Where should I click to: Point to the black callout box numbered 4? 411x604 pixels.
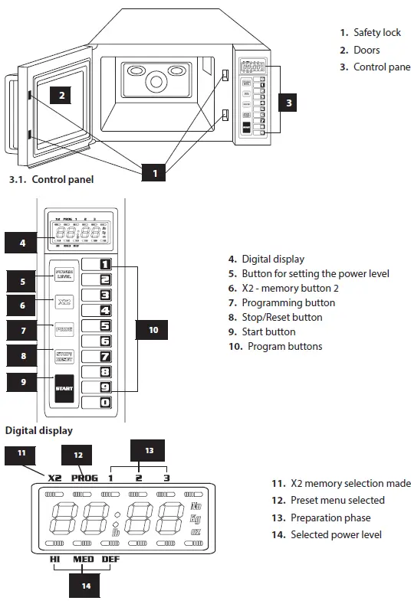23,243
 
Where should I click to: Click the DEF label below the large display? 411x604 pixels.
111,560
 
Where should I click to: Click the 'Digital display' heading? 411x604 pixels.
38,430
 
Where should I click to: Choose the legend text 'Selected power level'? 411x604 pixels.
336,534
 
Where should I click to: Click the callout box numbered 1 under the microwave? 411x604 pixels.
155,174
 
